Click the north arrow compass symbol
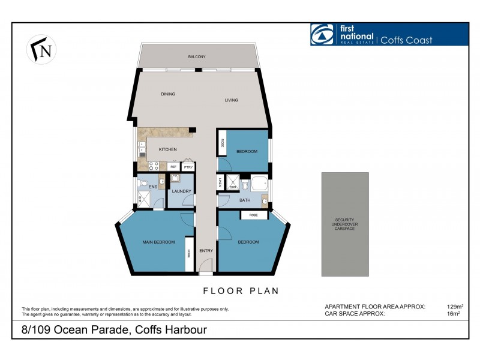click(x=40, y=49)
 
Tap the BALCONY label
click(x=196, y=57)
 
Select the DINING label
click(x=167, y=94)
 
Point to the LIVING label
click(x=232, y=100)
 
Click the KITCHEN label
click(x=167, y=149)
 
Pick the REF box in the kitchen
click(x=173, y=167)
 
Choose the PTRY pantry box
click(x=188, y=167)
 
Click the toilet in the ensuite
click(x=141, y=184)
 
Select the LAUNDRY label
click(x=181, y=191)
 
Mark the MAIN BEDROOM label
click(x=158, y=242)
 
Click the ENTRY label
click(x=206, y=250)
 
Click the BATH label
click(x=245, y=200)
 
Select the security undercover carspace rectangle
click(x=345, y=224)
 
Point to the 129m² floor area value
click(x=455, y=307)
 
